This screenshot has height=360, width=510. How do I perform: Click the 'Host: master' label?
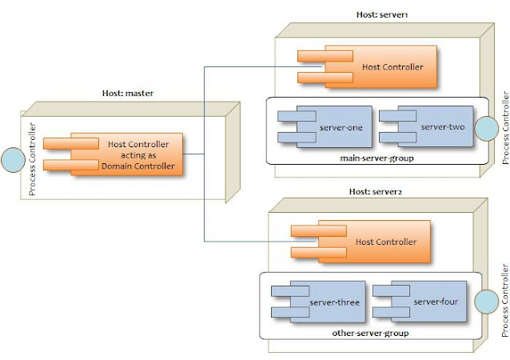pyautogui.click(x=128, y=93)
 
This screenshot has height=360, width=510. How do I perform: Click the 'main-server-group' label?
pyautogui.click(x=375, y=158)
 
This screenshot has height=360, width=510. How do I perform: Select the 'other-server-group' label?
pyautogui.click(x=369, y=332)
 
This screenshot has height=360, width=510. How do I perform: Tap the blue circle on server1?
pyautogui.click(x=484, y=128)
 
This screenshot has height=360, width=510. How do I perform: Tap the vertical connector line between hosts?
pyautogui.click(x=205, y=152)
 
